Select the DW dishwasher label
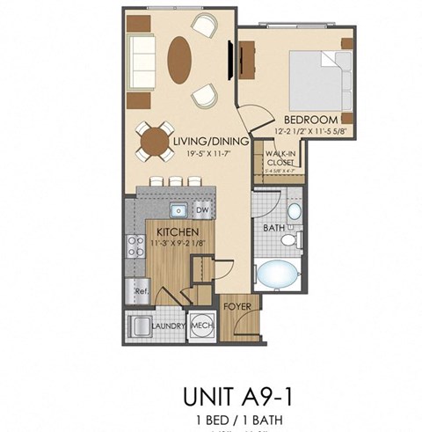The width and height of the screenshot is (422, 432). pyautogui.click(x=201, y=210)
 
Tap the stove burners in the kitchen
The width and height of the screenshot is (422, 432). pyautogui.click(x=136, y=247)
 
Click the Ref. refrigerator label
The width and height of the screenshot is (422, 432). pyautogui.click(x=140, y=289)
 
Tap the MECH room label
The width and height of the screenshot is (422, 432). pyautogui.click(x=201, y=326)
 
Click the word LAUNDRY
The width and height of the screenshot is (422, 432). pyautogui.click(x=168, y=326)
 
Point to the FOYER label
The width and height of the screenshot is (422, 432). pyautogui.click(x=234, y=307)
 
